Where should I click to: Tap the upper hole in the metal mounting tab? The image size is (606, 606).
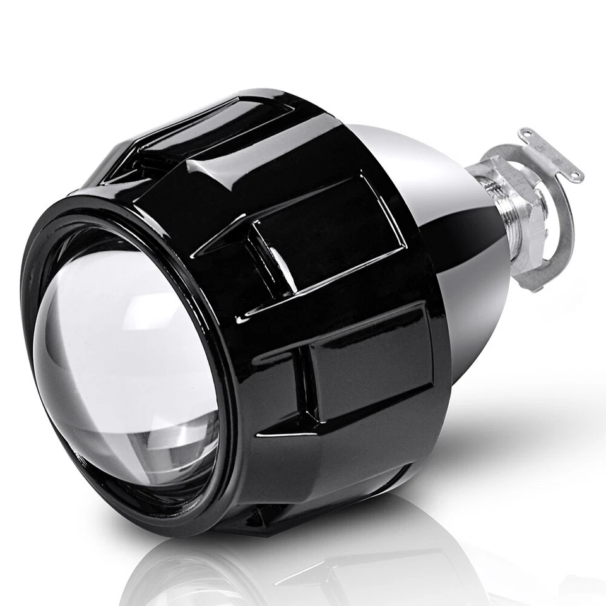click(525, 134)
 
